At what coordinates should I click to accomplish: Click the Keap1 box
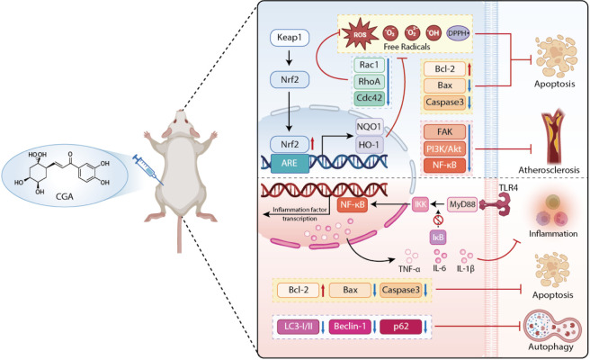tap(290, 38)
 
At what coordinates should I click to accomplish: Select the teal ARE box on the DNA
tap(289, 163)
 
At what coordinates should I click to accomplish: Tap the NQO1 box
tap(369, 127)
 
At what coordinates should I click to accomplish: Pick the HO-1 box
tap(369, 145)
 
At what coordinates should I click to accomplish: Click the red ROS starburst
tap(360, 34)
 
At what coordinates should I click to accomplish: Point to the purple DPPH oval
tap(459, 33)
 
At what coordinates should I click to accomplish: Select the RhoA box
tap(369, 81)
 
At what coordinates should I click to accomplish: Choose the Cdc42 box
tap(369, 98)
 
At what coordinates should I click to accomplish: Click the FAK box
tap(445, 131)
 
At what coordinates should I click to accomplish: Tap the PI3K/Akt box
tap(445, 148)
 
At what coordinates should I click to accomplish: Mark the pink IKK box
tap(420, 204)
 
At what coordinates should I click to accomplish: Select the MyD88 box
tap(462, 205)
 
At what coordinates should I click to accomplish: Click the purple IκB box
tap(438, 238)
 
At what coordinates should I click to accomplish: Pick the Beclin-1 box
tap(350, 327)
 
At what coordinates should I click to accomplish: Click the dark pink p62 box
tap(401, 327)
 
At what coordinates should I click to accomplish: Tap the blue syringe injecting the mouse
tap(147, 169)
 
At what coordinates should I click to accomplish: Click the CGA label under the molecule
tap(65, 196)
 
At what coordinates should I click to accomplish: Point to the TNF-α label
tap(409, 269)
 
